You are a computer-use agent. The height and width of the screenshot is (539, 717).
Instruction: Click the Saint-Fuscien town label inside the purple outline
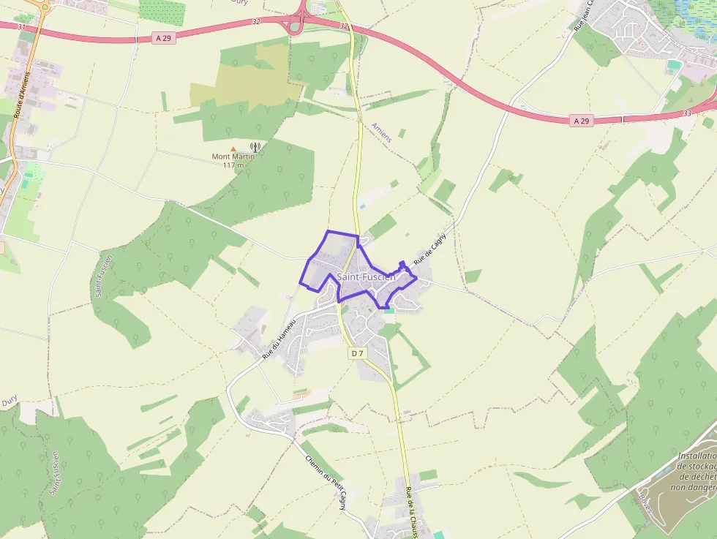click(x=366, y=277)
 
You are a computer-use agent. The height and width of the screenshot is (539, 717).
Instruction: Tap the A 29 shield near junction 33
click(x=581, y=121)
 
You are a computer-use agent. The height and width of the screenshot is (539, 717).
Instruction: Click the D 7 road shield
click(x=357, y=354)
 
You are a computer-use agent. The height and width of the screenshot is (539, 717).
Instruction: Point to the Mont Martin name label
click(x=233, y=157)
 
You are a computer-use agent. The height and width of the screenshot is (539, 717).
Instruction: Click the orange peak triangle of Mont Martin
click(x=233, y=148)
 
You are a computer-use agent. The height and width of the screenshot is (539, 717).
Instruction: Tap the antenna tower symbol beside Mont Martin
click(x=255, y=148)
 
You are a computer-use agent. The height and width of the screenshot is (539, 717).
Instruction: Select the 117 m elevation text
click(x=233, y=165)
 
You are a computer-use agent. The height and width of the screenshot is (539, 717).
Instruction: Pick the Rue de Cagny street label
click(x=429, y=244)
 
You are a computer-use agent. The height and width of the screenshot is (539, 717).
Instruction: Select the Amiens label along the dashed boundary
click(x=381, y=132)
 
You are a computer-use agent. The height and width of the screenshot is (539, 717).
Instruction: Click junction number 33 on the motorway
click(x=686, y=113)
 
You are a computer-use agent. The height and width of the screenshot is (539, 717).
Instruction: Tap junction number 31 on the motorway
click(x=21, y=27)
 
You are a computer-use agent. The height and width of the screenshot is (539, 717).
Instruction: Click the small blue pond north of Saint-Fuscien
click(x=363, y=207)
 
